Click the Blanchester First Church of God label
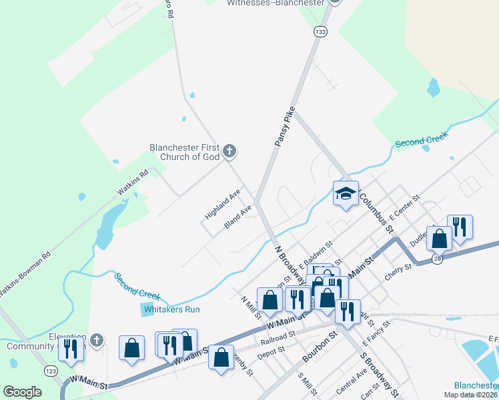tap(185, 153)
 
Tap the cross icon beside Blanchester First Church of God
tap(229, 152)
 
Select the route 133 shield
tap(322, 31)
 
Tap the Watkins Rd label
tap(132, 183)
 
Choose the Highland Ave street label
tap(222, 205)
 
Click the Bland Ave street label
tap(237, 217)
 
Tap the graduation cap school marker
tap(346, 194)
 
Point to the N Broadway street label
tap(290, 263)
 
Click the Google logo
tap(22, 392)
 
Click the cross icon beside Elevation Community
tap(97, 341)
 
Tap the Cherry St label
tap(398, 272)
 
